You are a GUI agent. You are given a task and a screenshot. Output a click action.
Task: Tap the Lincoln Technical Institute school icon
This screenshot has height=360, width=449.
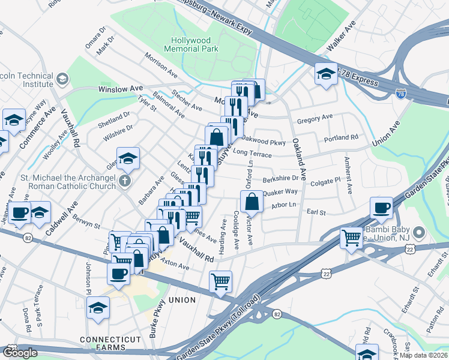62,80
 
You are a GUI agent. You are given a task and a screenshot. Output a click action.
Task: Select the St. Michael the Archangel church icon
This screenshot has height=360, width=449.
124,180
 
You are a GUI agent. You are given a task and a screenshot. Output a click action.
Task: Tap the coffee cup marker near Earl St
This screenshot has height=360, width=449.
381,208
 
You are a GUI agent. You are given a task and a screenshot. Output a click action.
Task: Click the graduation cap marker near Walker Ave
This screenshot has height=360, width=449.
326,74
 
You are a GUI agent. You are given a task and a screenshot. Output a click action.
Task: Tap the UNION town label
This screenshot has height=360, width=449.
182,299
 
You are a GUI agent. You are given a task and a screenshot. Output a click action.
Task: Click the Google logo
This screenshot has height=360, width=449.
20,353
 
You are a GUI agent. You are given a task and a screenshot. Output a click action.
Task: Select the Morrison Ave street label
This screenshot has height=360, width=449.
160,65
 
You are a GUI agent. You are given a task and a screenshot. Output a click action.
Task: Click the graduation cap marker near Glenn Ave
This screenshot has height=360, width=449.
128,158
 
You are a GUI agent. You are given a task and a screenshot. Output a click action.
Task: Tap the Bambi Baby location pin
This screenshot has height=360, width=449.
419,232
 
